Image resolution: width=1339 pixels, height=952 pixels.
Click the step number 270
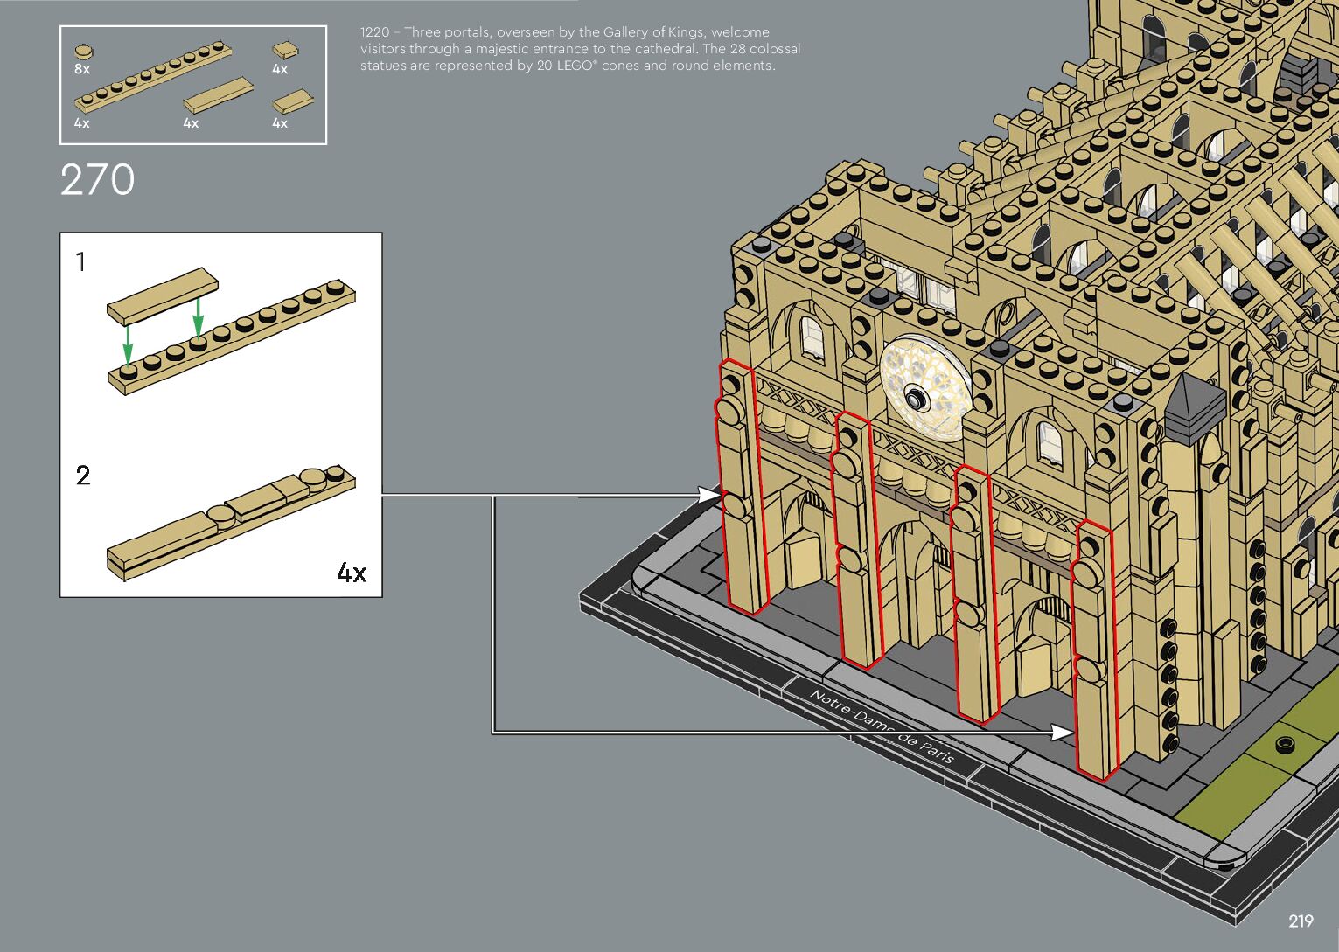[x=97, y=181]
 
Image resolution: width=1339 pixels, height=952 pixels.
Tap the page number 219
[x=1301, y=921]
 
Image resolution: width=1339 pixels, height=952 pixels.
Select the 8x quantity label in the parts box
[x=82, y=69]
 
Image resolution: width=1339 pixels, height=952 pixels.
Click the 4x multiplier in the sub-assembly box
[x=352, y=573]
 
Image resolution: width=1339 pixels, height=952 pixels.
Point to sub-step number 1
[x=81, y=261]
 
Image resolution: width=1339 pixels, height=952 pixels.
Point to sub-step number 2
[x=83, y=476]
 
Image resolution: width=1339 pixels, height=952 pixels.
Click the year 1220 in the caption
[x=374, y=32]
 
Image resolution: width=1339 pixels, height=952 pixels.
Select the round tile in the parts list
[x=84, y=52]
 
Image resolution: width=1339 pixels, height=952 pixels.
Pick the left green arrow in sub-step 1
[x=129, y=344]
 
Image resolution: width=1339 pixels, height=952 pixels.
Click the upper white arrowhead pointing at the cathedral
[x=708, y=496]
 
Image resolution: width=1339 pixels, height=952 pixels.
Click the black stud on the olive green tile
[x=1284, y=745]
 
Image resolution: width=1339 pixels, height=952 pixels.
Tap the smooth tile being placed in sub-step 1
[x=164, y=293]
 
